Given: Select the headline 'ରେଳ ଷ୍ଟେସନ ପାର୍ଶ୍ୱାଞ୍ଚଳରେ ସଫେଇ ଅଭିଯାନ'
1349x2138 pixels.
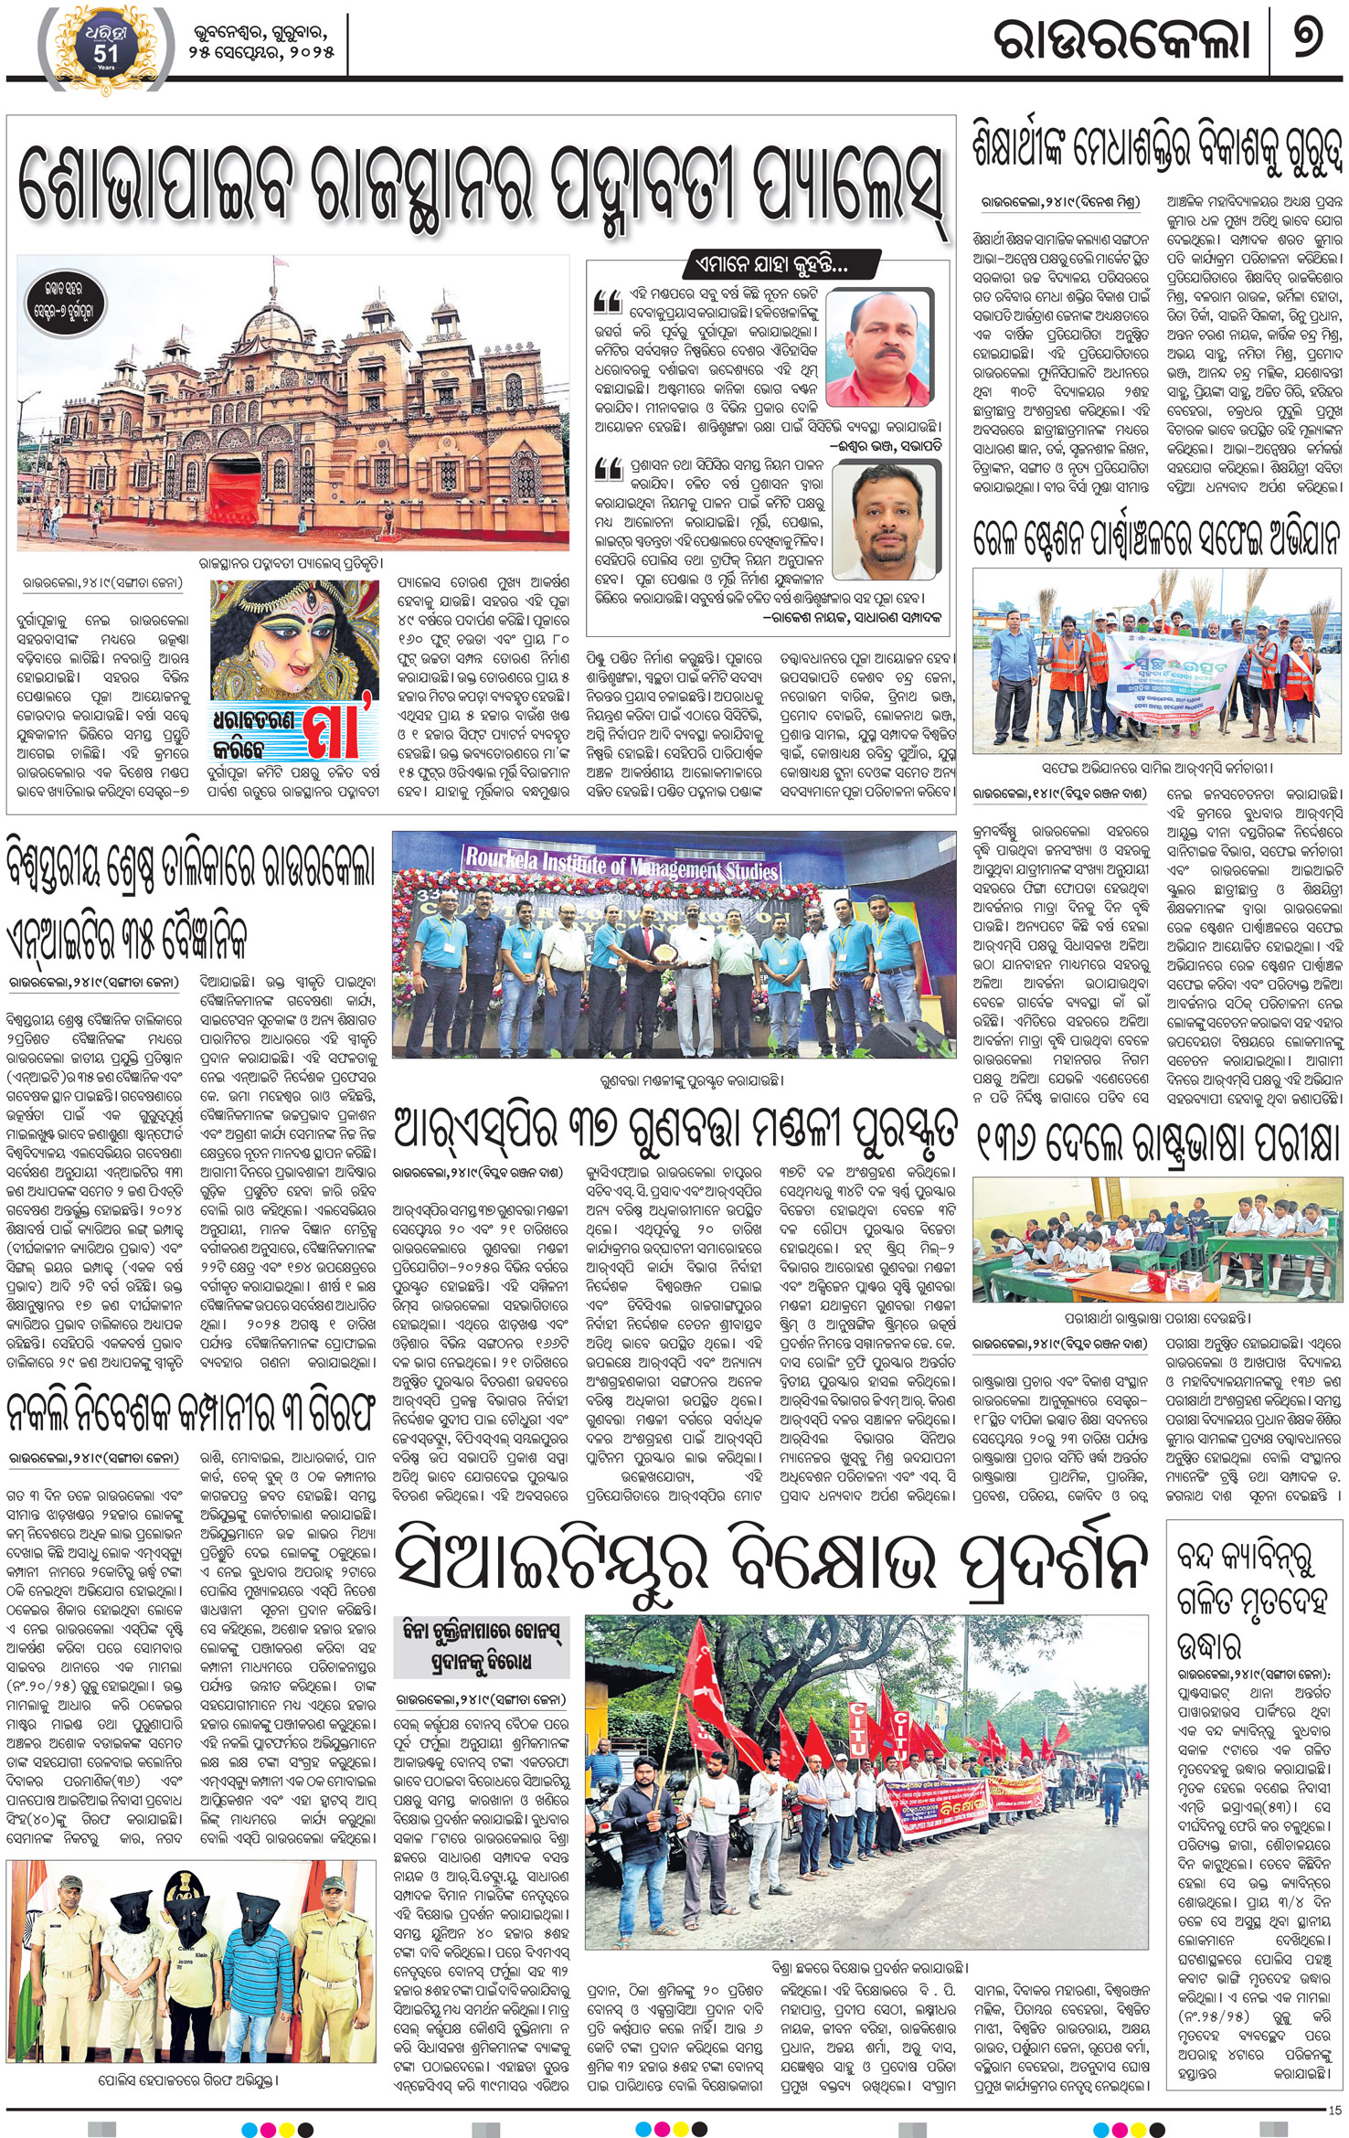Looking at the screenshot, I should [x=1157, y=539].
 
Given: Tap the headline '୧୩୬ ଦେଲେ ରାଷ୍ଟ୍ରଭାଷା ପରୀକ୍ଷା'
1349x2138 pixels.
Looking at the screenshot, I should [x=1157, y=1143].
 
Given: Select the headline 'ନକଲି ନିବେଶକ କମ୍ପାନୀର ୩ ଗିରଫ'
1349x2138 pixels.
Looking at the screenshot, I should [x=190, y=1413].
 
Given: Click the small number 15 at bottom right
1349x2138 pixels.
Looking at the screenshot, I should [x=1335, y=2111].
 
